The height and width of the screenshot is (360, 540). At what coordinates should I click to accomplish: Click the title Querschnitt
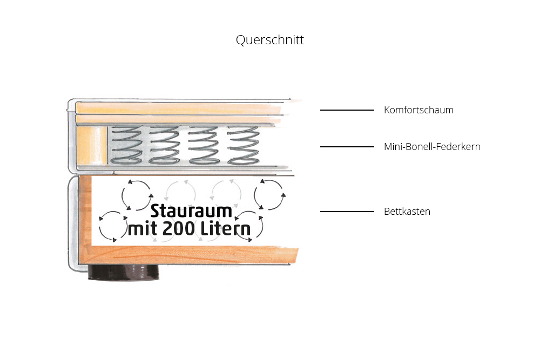coord(269,40)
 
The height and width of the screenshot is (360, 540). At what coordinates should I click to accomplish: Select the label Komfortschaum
coord(418,110)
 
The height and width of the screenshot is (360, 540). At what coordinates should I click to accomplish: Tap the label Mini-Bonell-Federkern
coord(432,147)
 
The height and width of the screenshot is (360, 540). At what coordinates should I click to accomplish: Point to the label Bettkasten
coord(407,212)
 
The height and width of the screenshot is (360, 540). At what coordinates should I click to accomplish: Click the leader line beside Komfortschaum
coord(347,110)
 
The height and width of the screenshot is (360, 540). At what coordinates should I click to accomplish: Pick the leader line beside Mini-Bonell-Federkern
coord(347,147)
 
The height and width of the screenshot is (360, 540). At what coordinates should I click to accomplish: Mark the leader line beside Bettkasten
coord(347,212)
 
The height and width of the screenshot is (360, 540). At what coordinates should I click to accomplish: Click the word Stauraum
coord(191,210)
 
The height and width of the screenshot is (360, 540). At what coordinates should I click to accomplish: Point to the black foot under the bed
coord(124,272)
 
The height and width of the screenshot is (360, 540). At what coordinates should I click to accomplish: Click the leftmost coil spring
coord(126,145)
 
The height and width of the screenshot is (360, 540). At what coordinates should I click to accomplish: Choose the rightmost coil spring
coord(244,145)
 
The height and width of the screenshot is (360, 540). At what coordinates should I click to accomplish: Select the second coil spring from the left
coord(164,145)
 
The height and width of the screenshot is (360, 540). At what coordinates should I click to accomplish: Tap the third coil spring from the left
coord(204,145)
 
